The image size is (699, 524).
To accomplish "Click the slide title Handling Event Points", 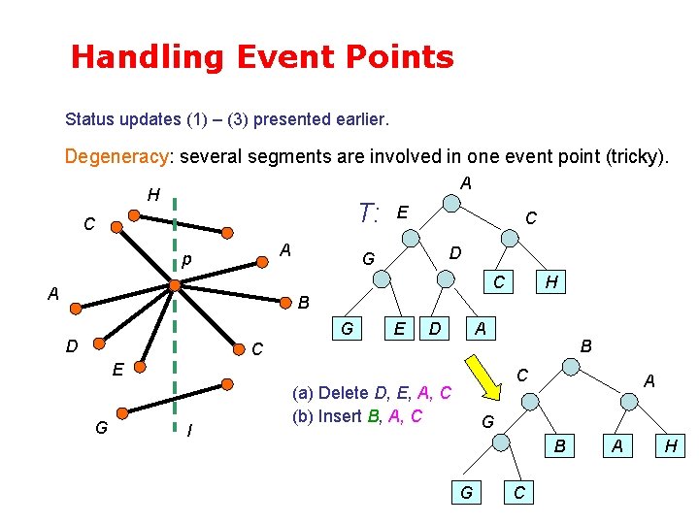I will click(262, 57).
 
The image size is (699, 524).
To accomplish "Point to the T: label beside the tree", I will click(368, 213).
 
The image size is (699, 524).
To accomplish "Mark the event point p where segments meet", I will click(175, 285).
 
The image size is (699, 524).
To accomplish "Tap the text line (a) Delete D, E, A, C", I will click(372, 392).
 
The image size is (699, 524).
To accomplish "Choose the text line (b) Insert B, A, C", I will click(357, 417).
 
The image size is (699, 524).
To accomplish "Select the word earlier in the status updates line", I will click(359, 120).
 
